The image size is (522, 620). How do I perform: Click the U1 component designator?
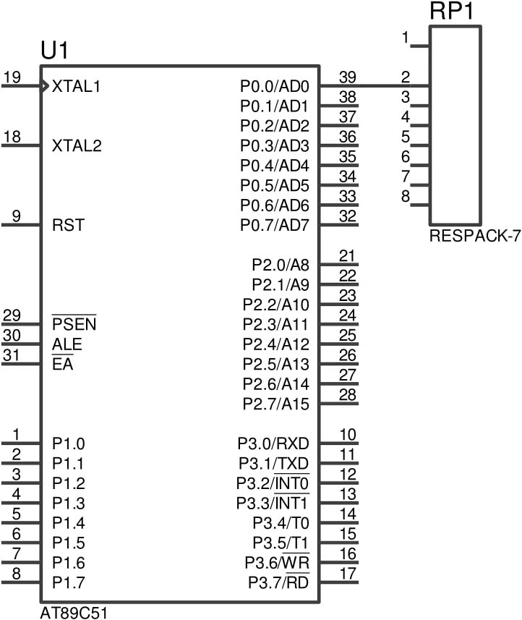(56, 51)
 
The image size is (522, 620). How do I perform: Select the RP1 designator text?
(451, 12)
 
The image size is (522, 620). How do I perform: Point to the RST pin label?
(68, 225)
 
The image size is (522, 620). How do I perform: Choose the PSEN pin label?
(74, 324)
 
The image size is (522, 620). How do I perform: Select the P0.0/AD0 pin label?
(275, 86)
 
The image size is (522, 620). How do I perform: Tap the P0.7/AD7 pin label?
(275, 225)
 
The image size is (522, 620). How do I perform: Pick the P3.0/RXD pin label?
(273, 443)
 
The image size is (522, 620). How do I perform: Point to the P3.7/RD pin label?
(278, 582)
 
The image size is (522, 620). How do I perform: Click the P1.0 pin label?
(69, 443)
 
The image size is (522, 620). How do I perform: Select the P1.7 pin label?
(69, 582)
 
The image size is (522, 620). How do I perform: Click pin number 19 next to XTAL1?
(12, 77)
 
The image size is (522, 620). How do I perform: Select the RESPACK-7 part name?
(474, 236)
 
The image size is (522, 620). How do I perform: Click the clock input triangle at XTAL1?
(46, 85)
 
